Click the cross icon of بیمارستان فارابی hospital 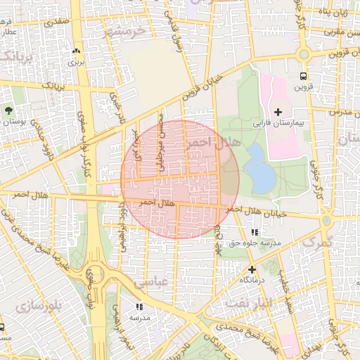coord(278,112)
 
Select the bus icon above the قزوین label coord(303,76)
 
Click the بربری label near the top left coord(76,62)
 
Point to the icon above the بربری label coord(76,51)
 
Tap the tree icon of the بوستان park coord(8,110)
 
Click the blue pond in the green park coord(259,169)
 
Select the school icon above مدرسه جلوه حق coord(254,231)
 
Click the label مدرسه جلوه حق coord(254,243)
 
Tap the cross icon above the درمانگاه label coord(251,269)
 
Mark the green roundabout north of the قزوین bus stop coord(303,54)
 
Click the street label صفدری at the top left coord(58,22)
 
